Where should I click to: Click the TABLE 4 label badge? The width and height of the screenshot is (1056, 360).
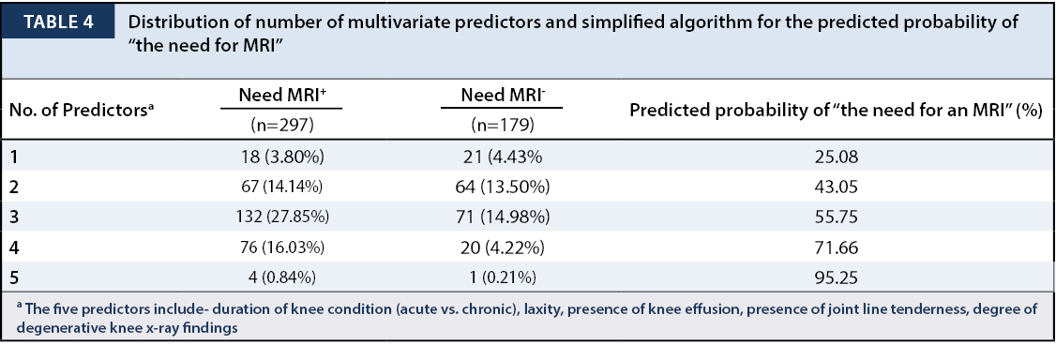point(58,22)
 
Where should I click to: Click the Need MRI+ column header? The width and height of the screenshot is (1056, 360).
point(282,95)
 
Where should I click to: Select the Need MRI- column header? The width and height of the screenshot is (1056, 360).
point(503,95)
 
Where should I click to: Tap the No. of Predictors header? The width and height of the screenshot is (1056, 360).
point(82,111)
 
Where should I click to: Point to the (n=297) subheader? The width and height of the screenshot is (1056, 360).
point(281,125)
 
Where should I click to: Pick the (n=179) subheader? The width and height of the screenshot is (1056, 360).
point(502,125)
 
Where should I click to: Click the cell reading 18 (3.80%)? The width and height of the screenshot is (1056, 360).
point(281,157)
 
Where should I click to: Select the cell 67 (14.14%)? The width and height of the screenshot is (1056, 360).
point(281,187)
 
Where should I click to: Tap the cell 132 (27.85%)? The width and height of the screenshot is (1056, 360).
point(281,217)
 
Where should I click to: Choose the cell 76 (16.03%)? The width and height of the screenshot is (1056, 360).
point(281,247)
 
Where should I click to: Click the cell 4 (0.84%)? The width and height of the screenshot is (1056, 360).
point(281,277)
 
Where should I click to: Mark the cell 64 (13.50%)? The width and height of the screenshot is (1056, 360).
point(502,187)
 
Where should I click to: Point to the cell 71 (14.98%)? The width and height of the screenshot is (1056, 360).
point(502,217)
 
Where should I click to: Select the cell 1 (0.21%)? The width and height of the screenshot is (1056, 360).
point(502,277)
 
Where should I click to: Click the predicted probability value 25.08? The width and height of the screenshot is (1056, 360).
point(836,157)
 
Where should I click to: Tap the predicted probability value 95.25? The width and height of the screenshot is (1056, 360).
point(836,277)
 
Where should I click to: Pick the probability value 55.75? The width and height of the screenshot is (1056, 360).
point(836,217)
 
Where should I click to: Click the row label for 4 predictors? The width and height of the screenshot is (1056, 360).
point(14,247)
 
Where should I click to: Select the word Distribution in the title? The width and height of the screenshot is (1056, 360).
point(171,22)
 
